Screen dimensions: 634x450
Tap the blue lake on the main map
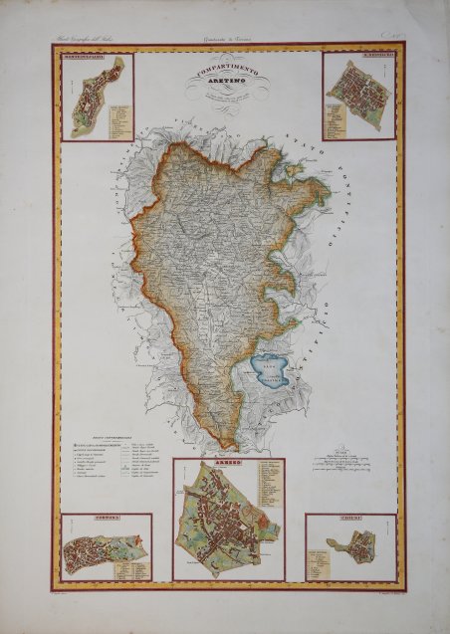coord(270,371)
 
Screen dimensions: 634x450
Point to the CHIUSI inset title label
coord(350,520)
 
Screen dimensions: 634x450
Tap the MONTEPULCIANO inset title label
coord(83,60)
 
